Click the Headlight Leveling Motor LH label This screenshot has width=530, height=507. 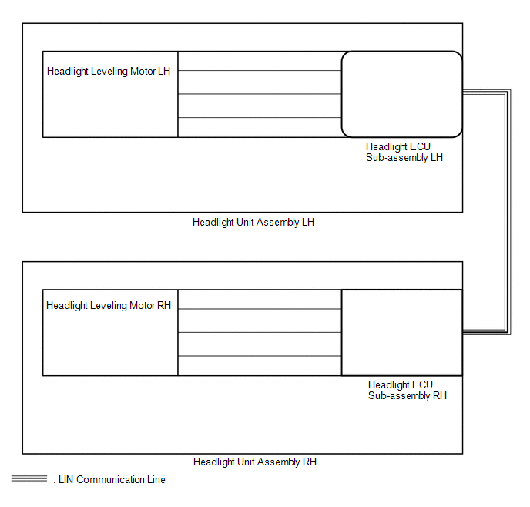109,72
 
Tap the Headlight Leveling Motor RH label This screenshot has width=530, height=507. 109,306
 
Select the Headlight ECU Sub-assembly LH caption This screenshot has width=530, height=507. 404,152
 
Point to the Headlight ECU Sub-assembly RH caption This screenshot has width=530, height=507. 408,390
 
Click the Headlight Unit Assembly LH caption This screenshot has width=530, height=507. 253,223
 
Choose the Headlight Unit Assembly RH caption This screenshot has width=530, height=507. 255,462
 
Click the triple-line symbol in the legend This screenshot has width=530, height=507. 29,478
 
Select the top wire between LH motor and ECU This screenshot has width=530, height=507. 260,71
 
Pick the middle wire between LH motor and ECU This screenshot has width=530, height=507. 260,94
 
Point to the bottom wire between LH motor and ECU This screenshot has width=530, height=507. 260,118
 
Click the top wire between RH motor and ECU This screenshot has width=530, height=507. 260,309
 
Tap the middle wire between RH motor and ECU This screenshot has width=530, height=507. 260,332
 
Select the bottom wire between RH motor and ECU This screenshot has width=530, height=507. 260,356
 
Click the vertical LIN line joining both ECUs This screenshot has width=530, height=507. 508,212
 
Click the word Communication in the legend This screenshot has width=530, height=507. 111,479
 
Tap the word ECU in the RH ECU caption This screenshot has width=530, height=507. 422,384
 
